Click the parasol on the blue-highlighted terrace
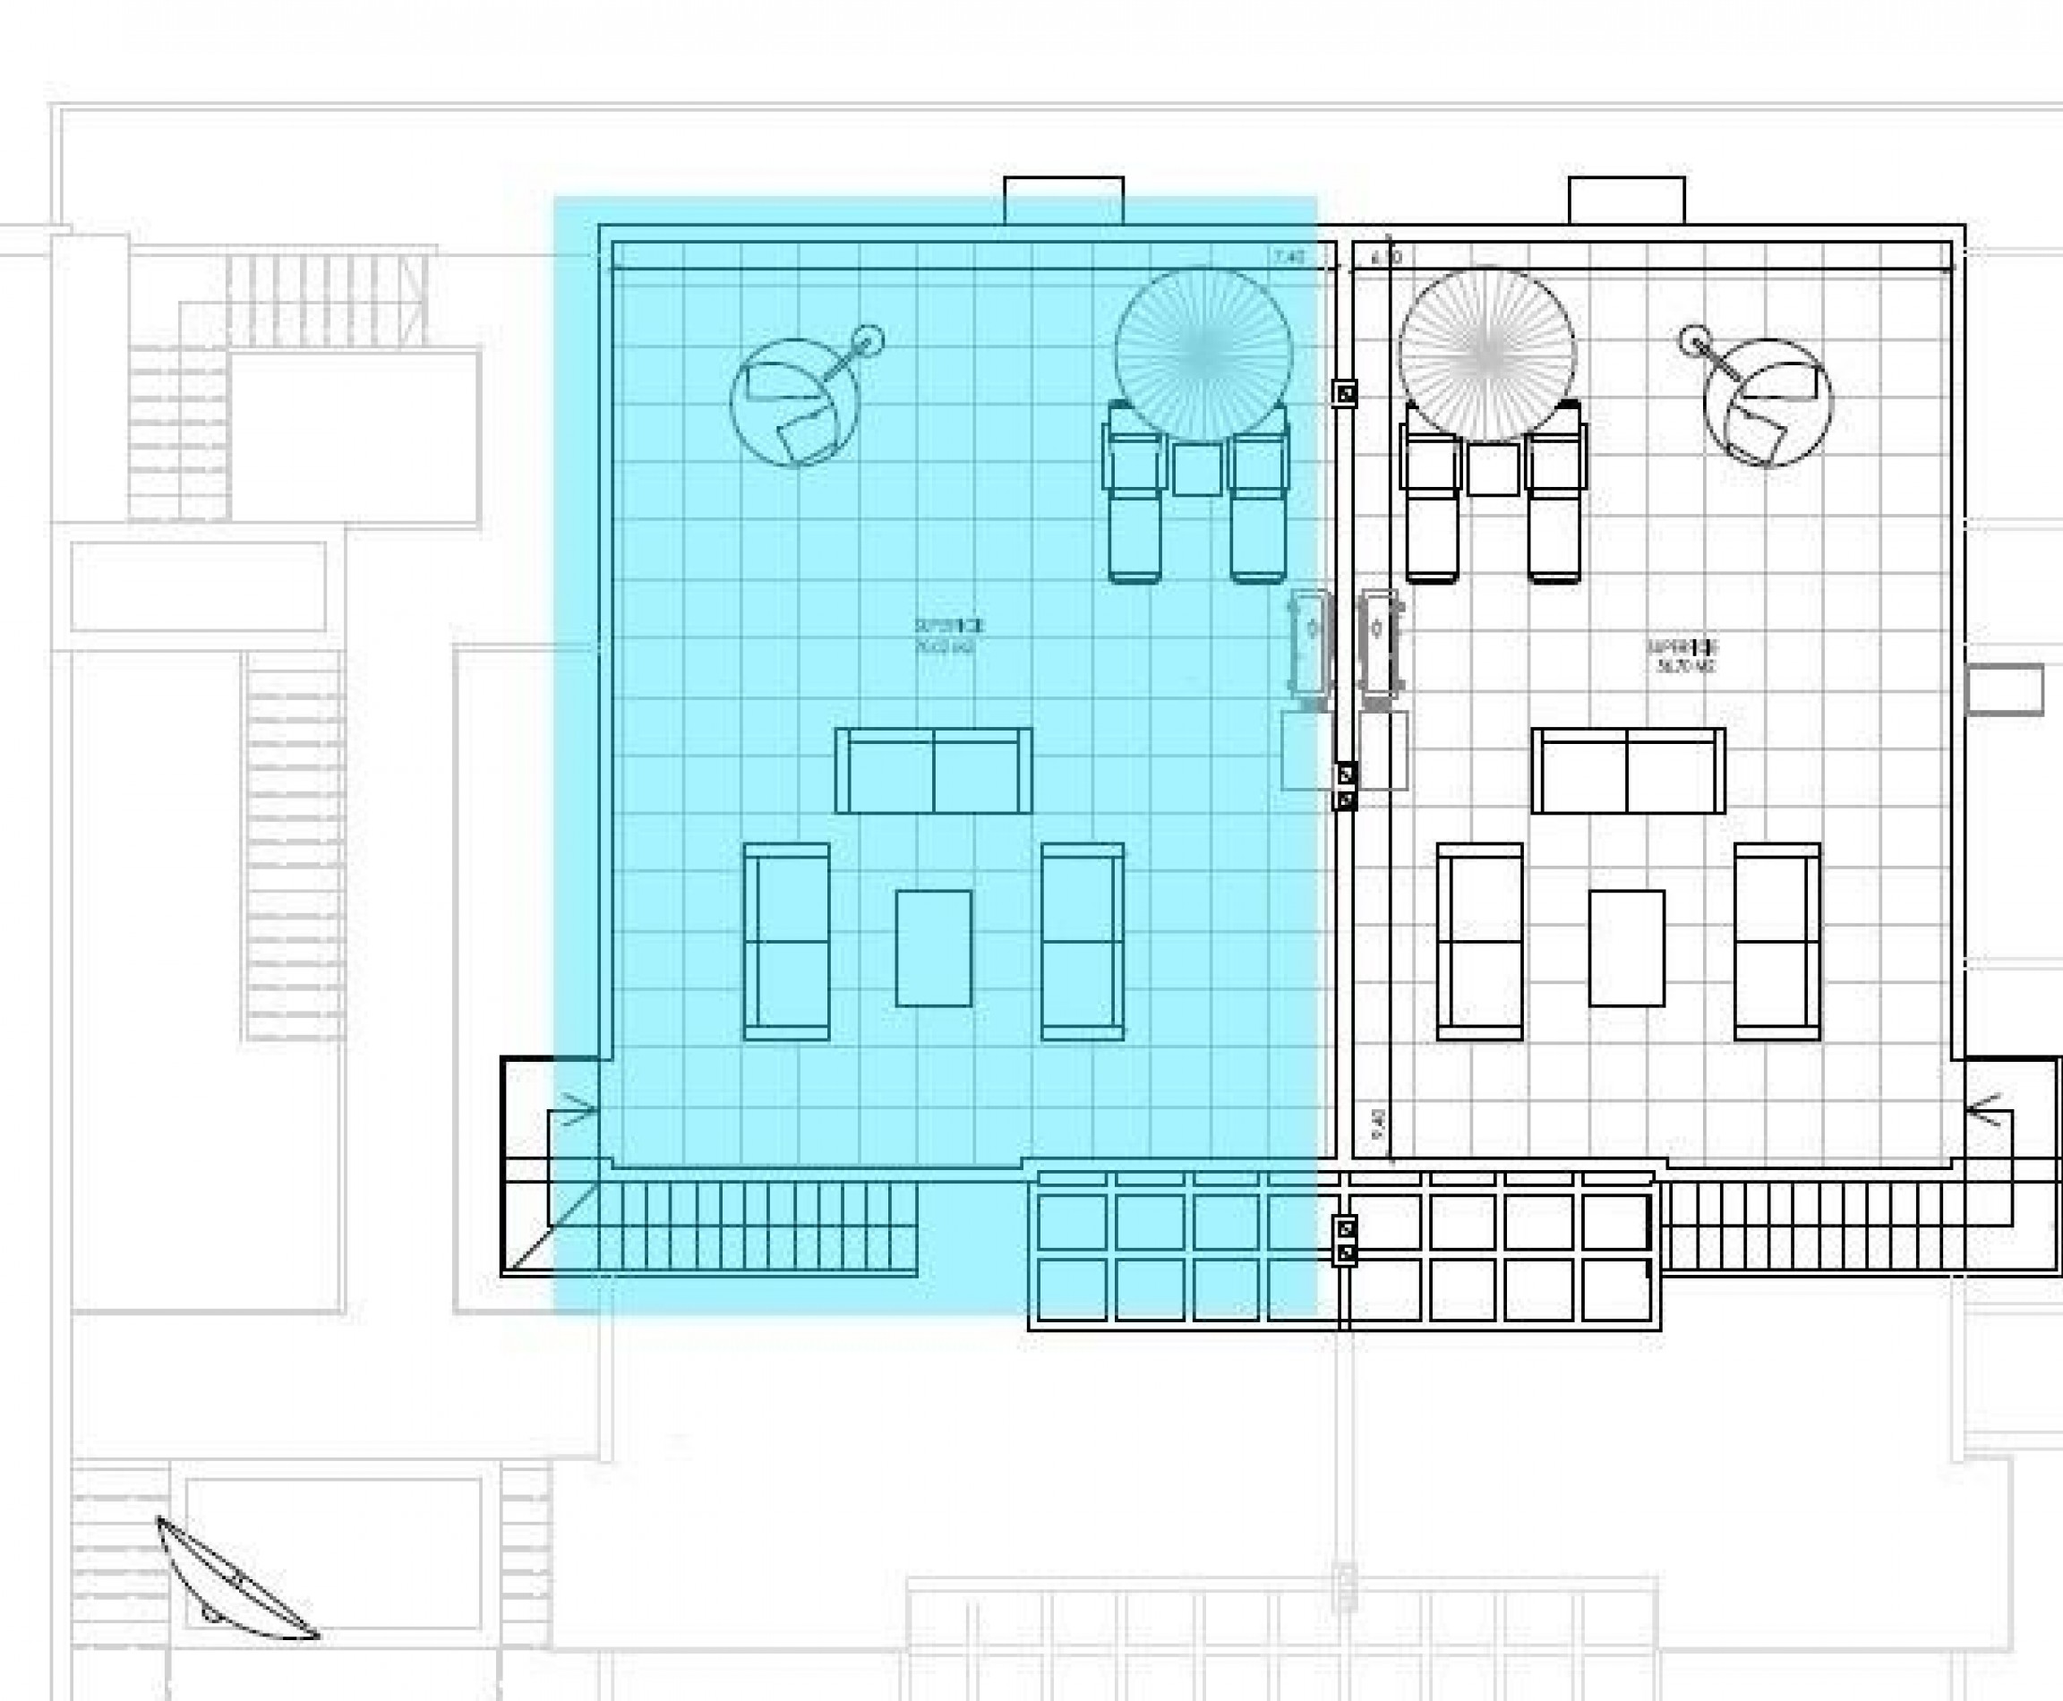(x=1203, y=353)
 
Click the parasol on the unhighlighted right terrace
(x=1486, y=353)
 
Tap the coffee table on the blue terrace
(x=933, y=947)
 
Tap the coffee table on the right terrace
(x=1626, y=947)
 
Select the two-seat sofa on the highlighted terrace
(x=933, y=770)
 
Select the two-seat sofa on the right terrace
(x=1628, y=770)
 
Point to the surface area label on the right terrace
(x=1682, y=655)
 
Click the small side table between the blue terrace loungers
(x=1196, y=469)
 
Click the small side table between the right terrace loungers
(x=1493, y=469)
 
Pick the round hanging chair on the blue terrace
(x=795, y=402)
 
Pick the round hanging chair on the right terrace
(x=1767, y=402)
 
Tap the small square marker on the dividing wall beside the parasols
(x=1346, y=393)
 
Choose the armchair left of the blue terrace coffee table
(x=786, y=941)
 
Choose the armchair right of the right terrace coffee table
(x=1776, y=941)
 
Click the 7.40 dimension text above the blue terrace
(x=1289, y=258)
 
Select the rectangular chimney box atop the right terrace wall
(x=1626, y=201)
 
